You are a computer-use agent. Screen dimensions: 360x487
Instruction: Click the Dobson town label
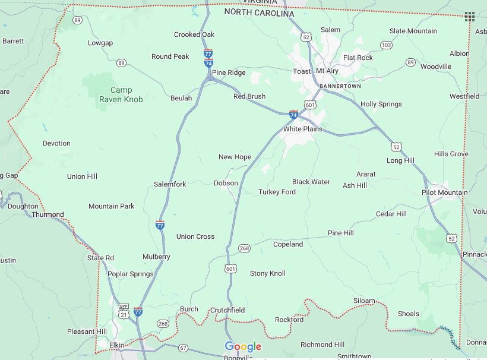(x=226, y=183)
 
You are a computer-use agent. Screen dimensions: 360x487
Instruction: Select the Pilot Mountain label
(x=444, y=192)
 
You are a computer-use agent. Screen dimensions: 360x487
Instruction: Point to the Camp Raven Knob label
(x=121, y=95)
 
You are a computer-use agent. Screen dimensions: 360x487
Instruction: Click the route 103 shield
(x=386, y=45)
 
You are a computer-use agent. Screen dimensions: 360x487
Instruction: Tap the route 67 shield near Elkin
(x=183, y=348)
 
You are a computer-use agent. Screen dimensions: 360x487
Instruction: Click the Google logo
(x=243, y=347)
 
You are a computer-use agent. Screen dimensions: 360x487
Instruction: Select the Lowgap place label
(x=100, y=43)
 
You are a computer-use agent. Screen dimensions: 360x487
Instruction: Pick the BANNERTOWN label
(x=340, y=86)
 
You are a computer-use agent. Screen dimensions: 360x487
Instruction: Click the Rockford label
(x=289, y=320)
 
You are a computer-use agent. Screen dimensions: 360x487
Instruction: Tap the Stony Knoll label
(x=267, y=273)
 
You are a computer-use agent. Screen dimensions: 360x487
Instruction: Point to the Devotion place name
(x=56, y=143)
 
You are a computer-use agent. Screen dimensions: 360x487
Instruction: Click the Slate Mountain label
(x=413, y=31)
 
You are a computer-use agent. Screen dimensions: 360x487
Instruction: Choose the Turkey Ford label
(x=277, y=192)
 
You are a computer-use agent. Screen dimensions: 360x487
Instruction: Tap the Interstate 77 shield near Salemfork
(x=160, y=225)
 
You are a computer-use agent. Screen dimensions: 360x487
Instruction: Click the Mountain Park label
(x=111, y=206)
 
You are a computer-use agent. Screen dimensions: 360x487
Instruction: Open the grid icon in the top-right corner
(x=469, y=16)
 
